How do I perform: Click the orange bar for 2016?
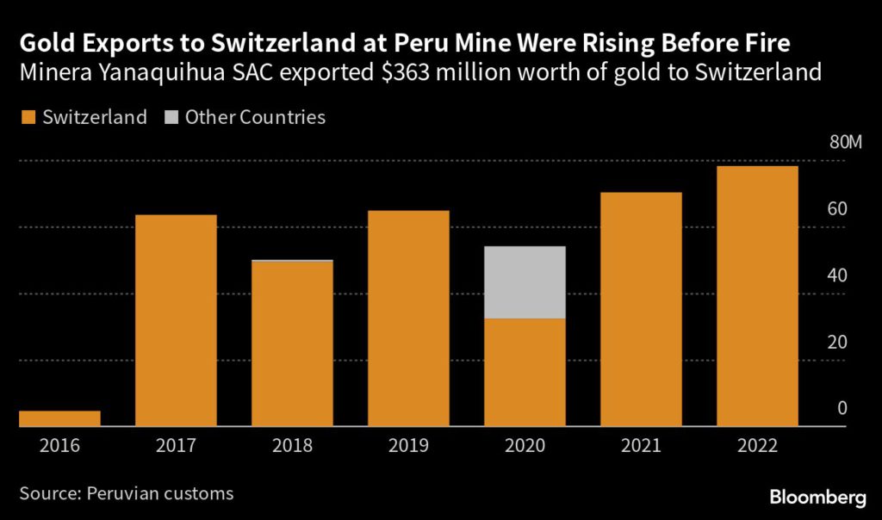pyautogui.click(x=59, y=418)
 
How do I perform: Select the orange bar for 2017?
pyautogui.click(x=176, y=320)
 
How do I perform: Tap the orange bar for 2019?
pyautogui.click(x=408, y=319)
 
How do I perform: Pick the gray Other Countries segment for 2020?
pyautogui.click(x=525, y=282)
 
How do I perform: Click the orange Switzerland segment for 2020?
pyautogui.click(x=525, y=373)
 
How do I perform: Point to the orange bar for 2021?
pyautogui.click(x=641, y=309)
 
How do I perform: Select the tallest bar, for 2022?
pyautogui.click(x=757, y=296)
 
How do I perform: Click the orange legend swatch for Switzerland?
pyautogui.click(x=26, y=118)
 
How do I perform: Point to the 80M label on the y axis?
pyautogui.click(x=844, y=143)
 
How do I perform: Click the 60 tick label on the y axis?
pyautogui.click(x=838, y=209)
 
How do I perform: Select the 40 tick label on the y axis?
pyautogui.click(x=838, y=275)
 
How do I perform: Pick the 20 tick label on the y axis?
pyautogui.click(x=838, y=342)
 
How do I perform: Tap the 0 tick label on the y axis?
pyautogui.click(x=842, y=408)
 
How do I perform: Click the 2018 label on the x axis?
pyautogui.click(x=292, y=446)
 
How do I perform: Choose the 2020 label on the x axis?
pyautogui.click(x=525, y=446)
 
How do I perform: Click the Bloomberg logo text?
pyautogui.click(x=817, y=497)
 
